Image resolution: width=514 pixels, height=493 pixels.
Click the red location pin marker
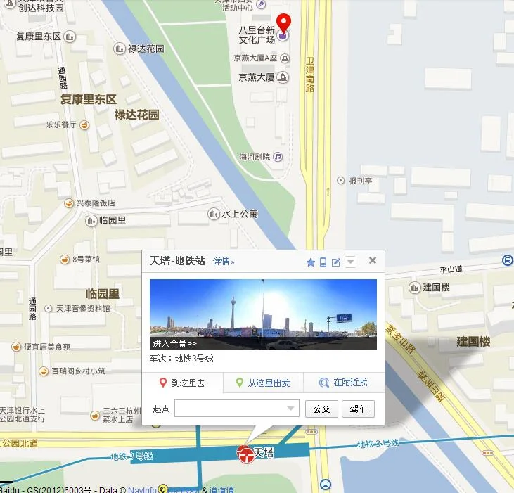pos(283,24)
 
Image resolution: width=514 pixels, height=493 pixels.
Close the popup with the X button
pos(373,260)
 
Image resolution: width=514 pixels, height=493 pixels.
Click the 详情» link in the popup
pos(224,262)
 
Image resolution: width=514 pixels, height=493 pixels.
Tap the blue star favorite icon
pos(310,262)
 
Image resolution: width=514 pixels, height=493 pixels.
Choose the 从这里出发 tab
pos(263,383)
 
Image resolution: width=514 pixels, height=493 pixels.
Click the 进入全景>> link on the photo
pos(174,344)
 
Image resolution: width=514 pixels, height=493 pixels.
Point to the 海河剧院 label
pos(254,157)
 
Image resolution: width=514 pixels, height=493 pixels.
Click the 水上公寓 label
pos(240,213)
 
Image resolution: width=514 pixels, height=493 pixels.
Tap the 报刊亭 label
pos(361,181)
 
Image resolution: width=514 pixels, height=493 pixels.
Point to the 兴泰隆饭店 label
pos(96,203)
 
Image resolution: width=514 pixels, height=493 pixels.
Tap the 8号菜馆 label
pos(86,260)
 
